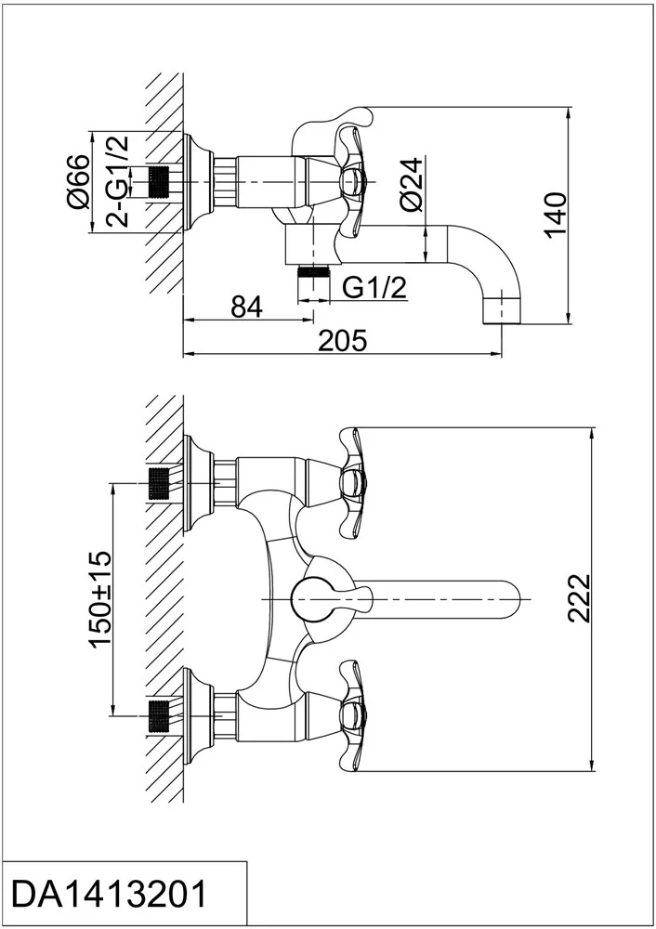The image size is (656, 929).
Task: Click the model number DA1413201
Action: click(x=110, y=895)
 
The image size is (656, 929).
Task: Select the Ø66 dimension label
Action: click(x=78, y=182)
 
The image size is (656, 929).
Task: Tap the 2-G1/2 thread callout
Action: click(x=117, y=181)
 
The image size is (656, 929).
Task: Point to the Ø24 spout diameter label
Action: click(x=412, y=184)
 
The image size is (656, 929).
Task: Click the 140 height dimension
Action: click(x=556, y=216)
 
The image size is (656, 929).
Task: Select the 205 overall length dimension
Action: click(x=343, y=341)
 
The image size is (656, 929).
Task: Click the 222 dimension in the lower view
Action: click(x=579, y=597)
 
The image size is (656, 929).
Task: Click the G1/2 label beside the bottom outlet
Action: click(x=375, y=288)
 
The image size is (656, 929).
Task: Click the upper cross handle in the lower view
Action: click(x=353, y=480)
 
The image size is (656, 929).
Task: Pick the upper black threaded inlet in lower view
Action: click(x=158, y=483)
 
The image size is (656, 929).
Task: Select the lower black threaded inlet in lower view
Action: click(x=158, y=715)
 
